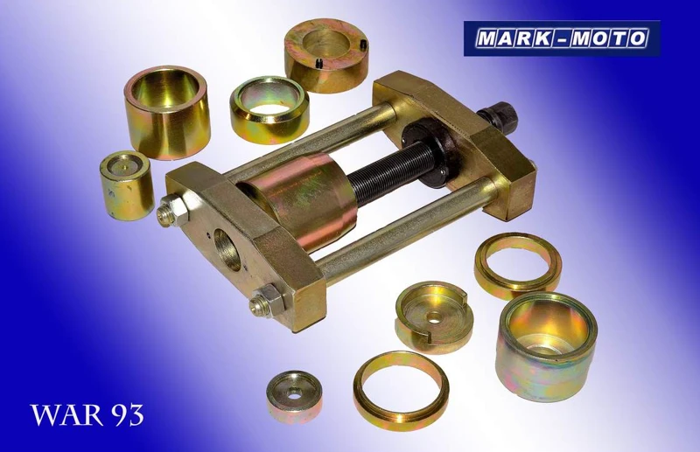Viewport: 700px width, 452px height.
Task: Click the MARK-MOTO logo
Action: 562,38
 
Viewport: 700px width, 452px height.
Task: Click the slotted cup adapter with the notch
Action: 433,316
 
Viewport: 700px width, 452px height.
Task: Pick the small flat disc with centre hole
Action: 294,397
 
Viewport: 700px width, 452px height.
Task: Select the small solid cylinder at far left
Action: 127,185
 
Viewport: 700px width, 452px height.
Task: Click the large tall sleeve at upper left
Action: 167,112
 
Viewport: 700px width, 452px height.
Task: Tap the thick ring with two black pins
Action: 326,55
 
